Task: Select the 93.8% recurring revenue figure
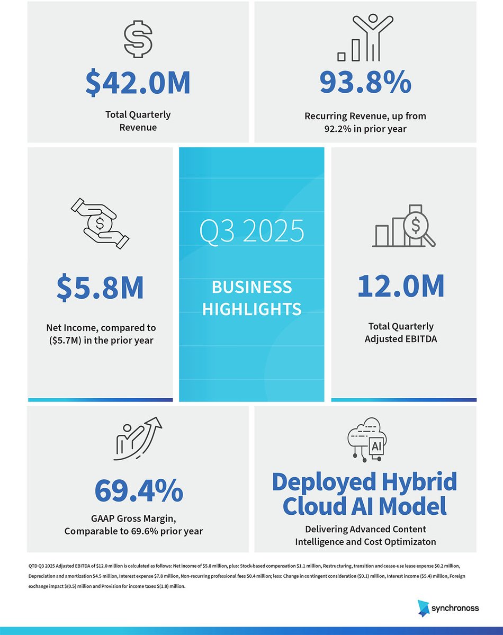pos(365,83)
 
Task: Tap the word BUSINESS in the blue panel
pos(251,287)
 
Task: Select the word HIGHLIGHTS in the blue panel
pos(251,308)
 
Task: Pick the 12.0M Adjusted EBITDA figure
pos(400,286)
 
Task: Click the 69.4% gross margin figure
pos(139,490)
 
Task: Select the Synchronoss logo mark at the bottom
pos(425,608)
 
